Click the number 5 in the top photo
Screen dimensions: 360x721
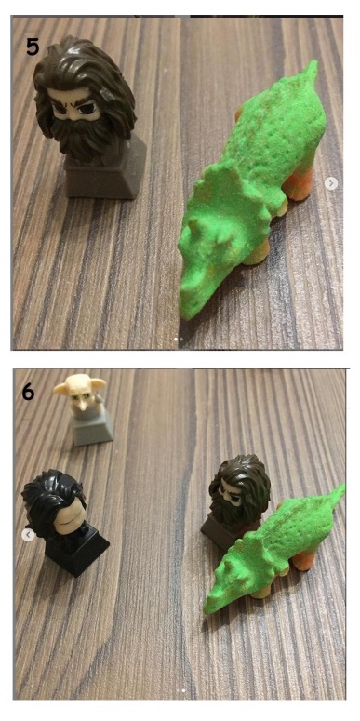(x=33, y=46)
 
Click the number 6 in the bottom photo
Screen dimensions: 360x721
(x=28, y=392)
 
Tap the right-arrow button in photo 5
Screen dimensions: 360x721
(x=330, y=183)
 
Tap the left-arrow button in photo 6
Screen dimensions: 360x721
(x=28, y=535)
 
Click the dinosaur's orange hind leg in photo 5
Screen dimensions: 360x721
(x=299, y=185)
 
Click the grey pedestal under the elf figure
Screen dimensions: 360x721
(x=92, y=429)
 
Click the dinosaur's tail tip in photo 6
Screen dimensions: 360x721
(x=340, y=489)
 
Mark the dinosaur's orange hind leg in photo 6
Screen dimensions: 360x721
(x=304, y=560)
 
